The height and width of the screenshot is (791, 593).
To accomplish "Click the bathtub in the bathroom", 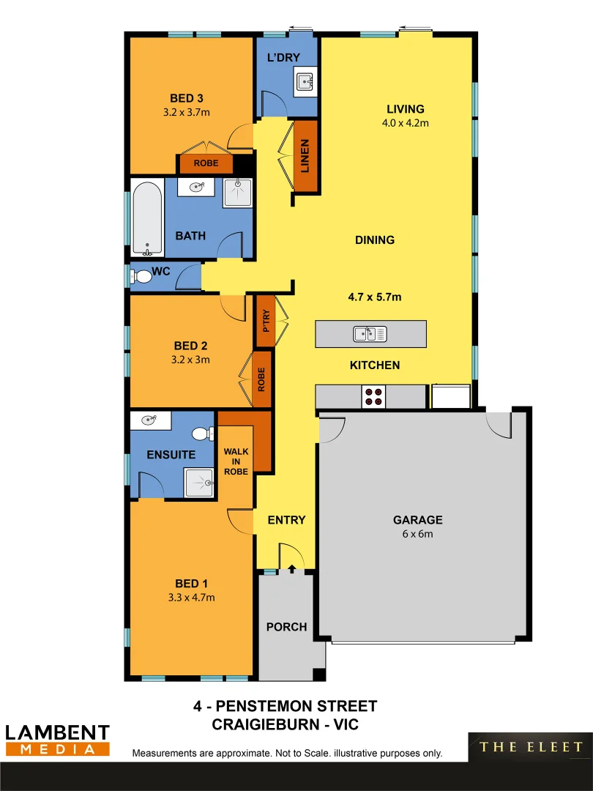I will tap(148, 218).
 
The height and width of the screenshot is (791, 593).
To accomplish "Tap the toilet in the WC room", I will tap(142, 277).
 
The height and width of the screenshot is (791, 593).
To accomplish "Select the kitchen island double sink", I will tap(370, 334).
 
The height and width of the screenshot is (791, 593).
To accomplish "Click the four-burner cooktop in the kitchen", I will tap(373, 396).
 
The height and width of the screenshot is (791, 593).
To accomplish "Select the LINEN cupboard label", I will tap(305, 155).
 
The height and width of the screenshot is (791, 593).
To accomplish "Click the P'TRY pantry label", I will tap(265, 320).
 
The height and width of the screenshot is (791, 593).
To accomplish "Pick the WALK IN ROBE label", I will tap(236, 461).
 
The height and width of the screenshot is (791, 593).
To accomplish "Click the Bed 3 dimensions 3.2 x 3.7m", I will tap(186, 112).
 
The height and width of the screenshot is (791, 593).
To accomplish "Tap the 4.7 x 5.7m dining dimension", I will tap(375, 297).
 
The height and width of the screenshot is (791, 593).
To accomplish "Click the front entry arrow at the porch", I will tap(292, 568).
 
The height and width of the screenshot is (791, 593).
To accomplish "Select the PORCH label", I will tap(286, 627).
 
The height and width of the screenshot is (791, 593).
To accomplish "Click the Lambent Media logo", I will tap(57, 740).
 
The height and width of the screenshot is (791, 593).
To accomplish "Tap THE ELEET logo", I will tap(531, 747).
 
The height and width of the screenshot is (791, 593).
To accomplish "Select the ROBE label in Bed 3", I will tap(206, 163).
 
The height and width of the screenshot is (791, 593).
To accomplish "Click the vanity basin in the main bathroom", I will tap(197, 187).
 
